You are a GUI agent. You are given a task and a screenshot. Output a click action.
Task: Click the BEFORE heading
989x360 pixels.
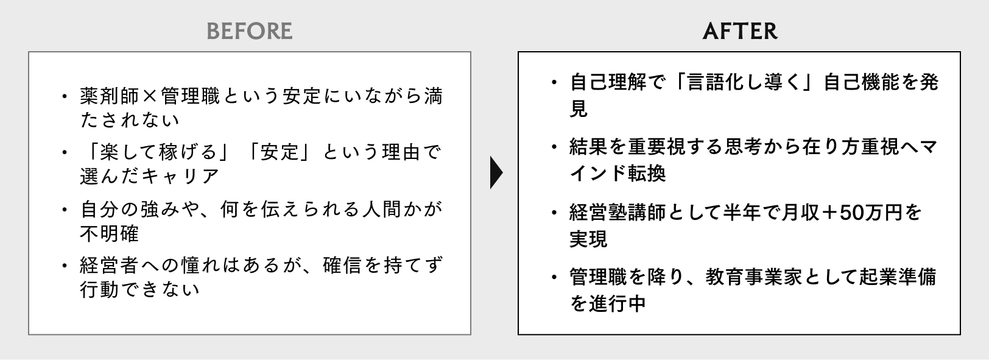(250, 31)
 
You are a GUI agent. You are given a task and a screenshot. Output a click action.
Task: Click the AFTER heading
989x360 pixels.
(740, 31)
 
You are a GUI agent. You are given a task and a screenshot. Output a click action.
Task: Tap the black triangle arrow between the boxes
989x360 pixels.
(496, 173)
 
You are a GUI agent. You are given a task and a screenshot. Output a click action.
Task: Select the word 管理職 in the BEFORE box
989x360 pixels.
(190, 96)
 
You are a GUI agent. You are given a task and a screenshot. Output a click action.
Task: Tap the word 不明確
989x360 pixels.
(110, 233)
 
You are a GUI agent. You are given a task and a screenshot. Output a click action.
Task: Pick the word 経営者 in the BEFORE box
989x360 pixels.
(110, 265)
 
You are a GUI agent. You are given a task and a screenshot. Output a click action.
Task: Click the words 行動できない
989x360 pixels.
(140, 289)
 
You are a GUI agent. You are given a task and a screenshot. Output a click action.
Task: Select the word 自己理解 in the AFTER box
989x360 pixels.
(608, 82)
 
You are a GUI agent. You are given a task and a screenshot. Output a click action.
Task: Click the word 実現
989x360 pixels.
(588, 239)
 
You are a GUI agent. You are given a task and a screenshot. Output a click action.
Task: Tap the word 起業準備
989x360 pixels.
(897, 277)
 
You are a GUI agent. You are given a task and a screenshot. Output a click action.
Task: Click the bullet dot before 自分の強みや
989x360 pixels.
(65, 210)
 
